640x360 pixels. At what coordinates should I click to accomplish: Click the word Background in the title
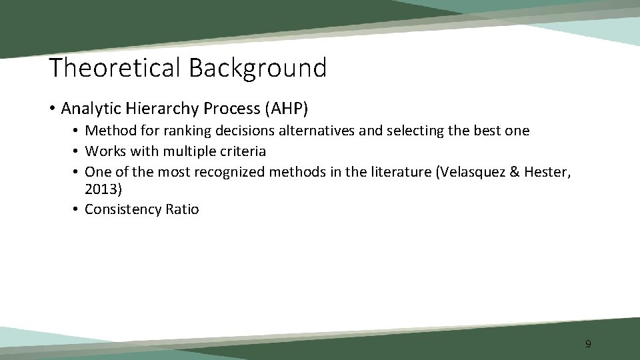257,68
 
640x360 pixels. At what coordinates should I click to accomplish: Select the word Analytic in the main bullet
88,107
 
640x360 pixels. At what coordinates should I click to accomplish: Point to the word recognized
229,172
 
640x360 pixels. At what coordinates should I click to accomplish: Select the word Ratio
183,209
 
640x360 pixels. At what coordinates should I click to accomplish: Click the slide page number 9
588,344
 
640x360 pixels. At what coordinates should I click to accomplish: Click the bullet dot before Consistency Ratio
77,210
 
